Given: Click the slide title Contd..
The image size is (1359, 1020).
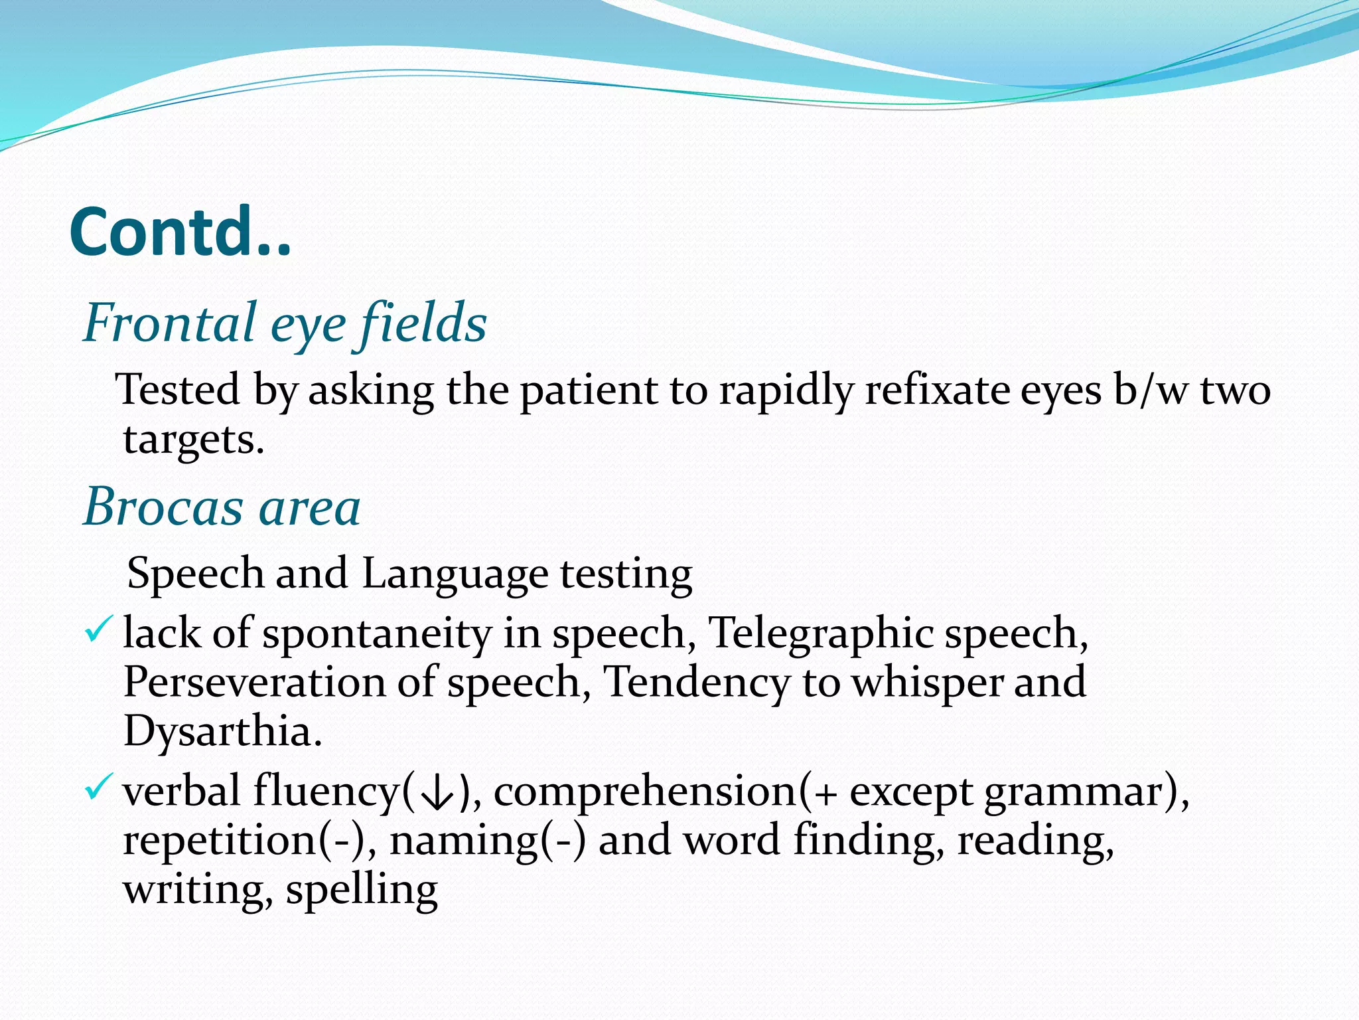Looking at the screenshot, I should click(x=180, y=232).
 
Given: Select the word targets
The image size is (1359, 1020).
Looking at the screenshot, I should click(x=194, y=439).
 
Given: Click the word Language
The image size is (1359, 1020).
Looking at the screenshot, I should click(x=455, y=573).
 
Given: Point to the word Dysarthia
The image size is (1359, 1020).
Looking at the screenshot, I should click(x=222, y=731).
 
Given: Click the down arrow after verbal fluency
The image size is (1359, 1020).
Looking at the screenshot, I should click(x=437, y=793).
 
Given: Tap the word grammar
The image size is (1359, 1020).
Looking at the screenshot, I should click(x=1075, y=793).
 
